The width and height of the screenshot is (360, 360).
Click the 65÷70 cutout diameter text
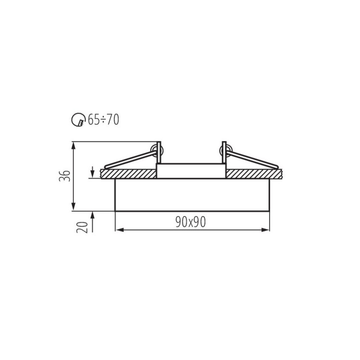point(103,120)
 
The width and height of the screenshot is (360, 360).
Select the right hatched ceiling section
point(253,174)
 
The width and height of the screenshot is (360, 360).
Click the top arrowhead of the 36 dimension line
point(73,145)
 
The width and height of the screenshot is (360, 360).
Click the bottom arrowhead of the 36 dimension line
point(73,207)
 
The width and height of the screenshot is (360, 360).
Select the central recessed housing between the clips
point(191,171)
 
